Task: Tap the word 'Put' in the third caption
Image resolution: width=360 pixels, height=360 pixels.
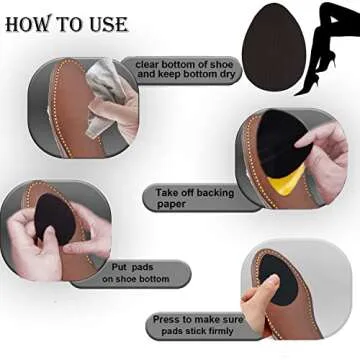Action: tap(119, 268)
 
